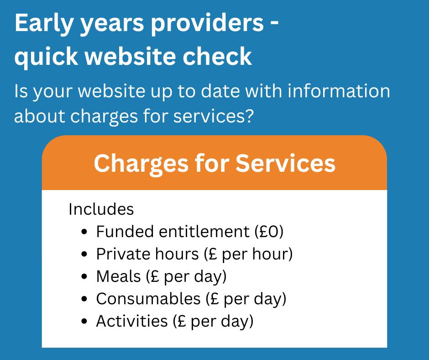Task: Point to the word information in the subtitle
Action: coord(339,91)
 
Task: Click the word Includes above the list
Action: coord(101,209)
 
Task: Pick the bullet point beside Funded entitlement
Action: coord(84,232)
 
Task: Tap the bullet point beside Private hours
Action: coord(84,254)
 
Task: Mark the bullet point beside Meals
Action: coord(84,277)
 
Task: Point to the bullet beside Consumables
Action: coord(84,299)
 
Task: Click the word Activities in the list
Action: coord(131,321)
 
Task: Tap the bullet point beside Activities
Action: coord(84,322)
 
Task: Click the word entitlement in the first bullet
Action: coord(202,232)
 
